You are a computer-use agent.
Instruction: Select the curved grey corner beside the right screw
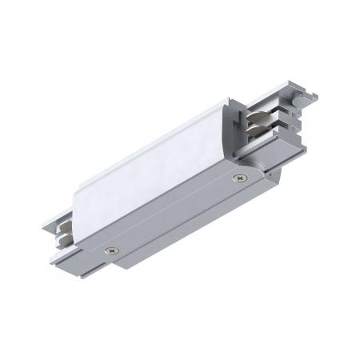point(254,174)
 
